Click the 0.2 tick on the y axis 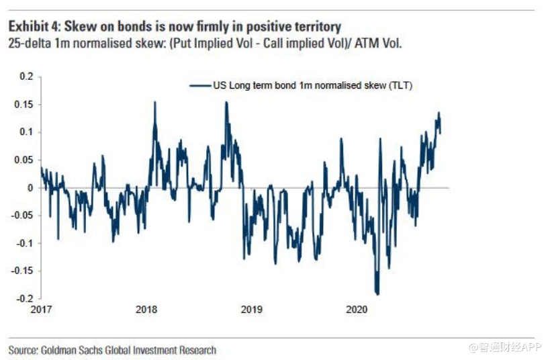point(26,77)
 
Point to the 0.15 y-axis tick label point(24,104)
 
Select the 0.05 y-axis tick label point(24,160)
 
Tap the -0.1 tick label point(24,242)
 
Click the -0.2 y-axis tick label point(24,298)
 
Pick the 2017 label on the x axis point(41,310)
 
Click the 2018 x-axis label point(146,310)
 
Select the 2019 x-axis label point(251,310)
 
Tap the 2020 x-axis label point(357,310)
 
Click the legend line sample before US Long point(200,85)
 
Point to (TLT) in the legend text point(400,85)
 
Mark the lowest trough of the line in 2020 point(378,294)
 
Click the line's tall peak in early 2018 point(155,102)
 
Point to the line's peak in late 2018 point(226,102)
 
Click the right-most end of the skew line point(441,132)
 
